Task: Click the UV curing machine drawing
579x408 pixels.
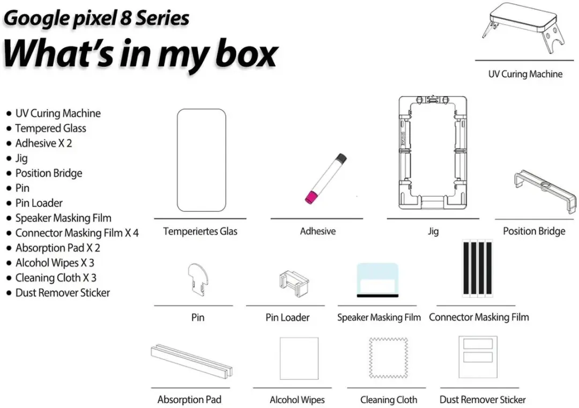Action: (524, 23)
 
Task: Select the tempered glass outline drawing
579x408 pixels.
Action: (201, 160)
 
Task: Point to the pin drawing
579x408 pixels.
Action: (198, 279)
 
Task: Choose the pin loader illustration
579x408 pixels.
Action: (294, 283)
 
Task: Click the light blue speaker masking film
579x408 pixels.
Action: (377, 280)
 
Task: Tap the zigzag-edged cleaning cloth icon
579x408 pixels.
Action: (388, 358)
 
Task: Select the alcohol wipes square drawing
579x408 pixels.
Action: (299, 358)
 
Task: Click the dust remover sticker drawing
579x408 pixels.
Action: (478, 357)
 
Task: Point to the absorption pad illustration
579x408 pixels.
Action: (191, 361)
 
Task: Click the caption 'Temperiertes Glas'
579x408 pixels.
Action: (200, 232)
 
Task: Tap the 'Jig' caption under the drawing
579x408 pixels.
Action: (433, 232)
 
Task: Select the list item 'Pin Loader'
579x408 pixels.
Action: (39, 203)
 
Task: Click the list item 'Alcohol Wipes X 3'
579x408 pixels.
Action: (55, 263)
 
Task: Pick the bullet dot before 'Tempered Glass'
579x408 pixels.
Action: (9, 129)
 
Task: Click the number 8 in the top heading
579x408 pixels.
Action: (126, 18)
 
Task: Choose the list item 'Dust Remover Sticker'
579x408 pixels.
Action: (62, 293)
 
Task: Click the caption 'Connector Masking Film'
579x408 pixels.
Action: (479, 317)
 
